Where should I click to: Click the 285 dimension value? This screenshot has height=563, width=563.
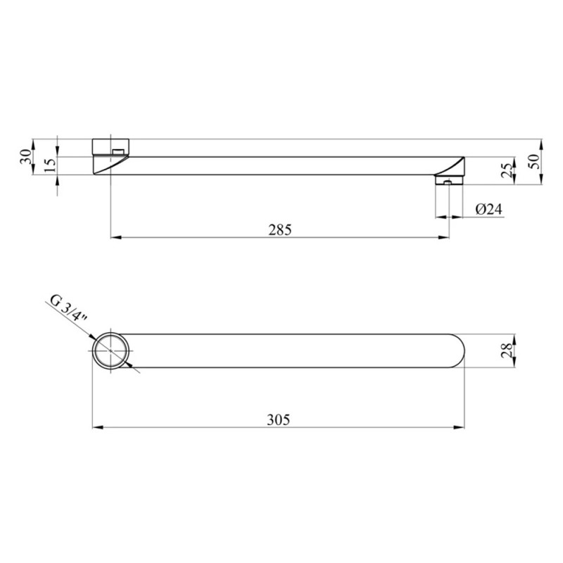coord(280,230)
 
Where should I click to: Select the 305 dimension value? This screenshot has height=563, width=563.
coord(278,419)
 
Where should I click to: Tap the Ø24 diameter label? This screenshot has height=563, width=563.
coord(489,209)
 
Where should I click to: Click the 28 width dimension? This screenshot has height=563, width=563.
coord(506,350)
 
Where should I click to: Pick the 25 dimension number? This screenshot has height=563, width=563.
coord(506,171)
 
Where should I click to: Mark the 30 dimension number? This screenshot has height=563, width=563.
coord(26,157)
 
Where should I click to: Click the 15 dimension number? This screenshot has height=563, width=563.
coord(51,165)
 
